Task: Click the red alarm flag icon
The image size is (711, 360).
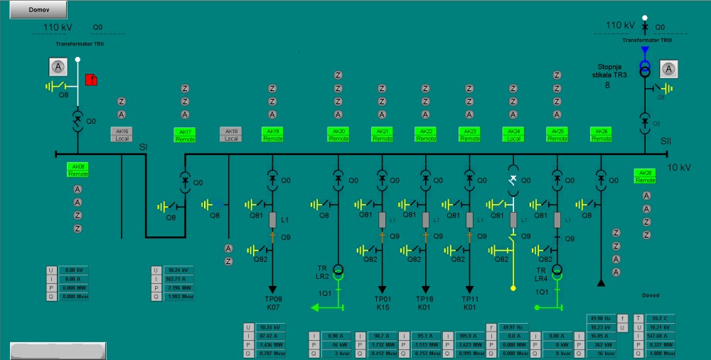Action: [x=91, y=80]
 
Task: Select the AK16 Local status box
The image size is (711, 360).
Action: [x=122, y=134]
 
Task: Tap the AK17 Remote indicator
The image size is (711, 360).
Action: [x=185, y=134]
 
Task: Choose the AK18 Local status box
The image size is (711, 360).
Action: [x=231, y=134]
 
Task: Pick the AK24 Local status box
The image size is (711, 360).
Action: [x=513, y=134]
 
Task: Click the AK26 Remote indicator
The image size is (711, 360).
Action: [x=601, y=134]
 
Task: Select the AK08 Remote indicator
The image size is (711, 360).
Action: [x=77, y=169]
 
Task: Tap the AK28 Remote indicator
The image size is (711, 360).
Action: [x=646, y=176]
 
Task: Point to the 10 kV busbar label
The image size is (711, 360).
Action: [x=679, y=168]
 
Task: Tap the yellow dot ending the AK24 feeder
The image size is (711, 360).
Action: [x=513, y=288]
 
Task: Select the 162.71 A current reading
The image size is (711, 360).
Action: [x=178, y=279]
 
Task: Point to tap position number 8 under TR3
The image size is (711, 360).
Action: [x=608, y=85]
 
